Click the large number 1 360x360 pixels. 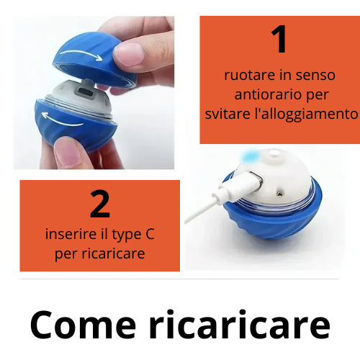point(279,39)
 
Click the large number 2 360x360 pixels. point(100,204)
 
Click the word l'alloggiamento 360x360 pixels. point(306,114)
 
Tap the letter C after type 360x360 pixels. point(150,234)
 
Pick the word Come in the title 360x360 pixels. point(83,325)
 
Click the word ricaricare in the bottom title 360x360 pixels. point(240,324)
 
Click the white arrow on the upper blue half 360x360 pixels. point(81,55)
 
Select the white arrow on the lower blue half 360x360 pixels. point(63,120)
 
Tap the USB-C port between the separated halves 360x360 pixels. point(86,92)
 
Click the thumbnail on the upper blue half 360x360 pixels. point(129,54)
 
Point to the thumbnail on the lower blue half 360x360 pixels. point(68,152)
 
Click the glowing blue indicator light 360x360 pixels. point(249,156)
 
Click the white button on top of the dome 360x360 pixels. point(274,153)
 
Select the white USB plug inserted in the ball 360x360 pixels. point(240,185)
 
